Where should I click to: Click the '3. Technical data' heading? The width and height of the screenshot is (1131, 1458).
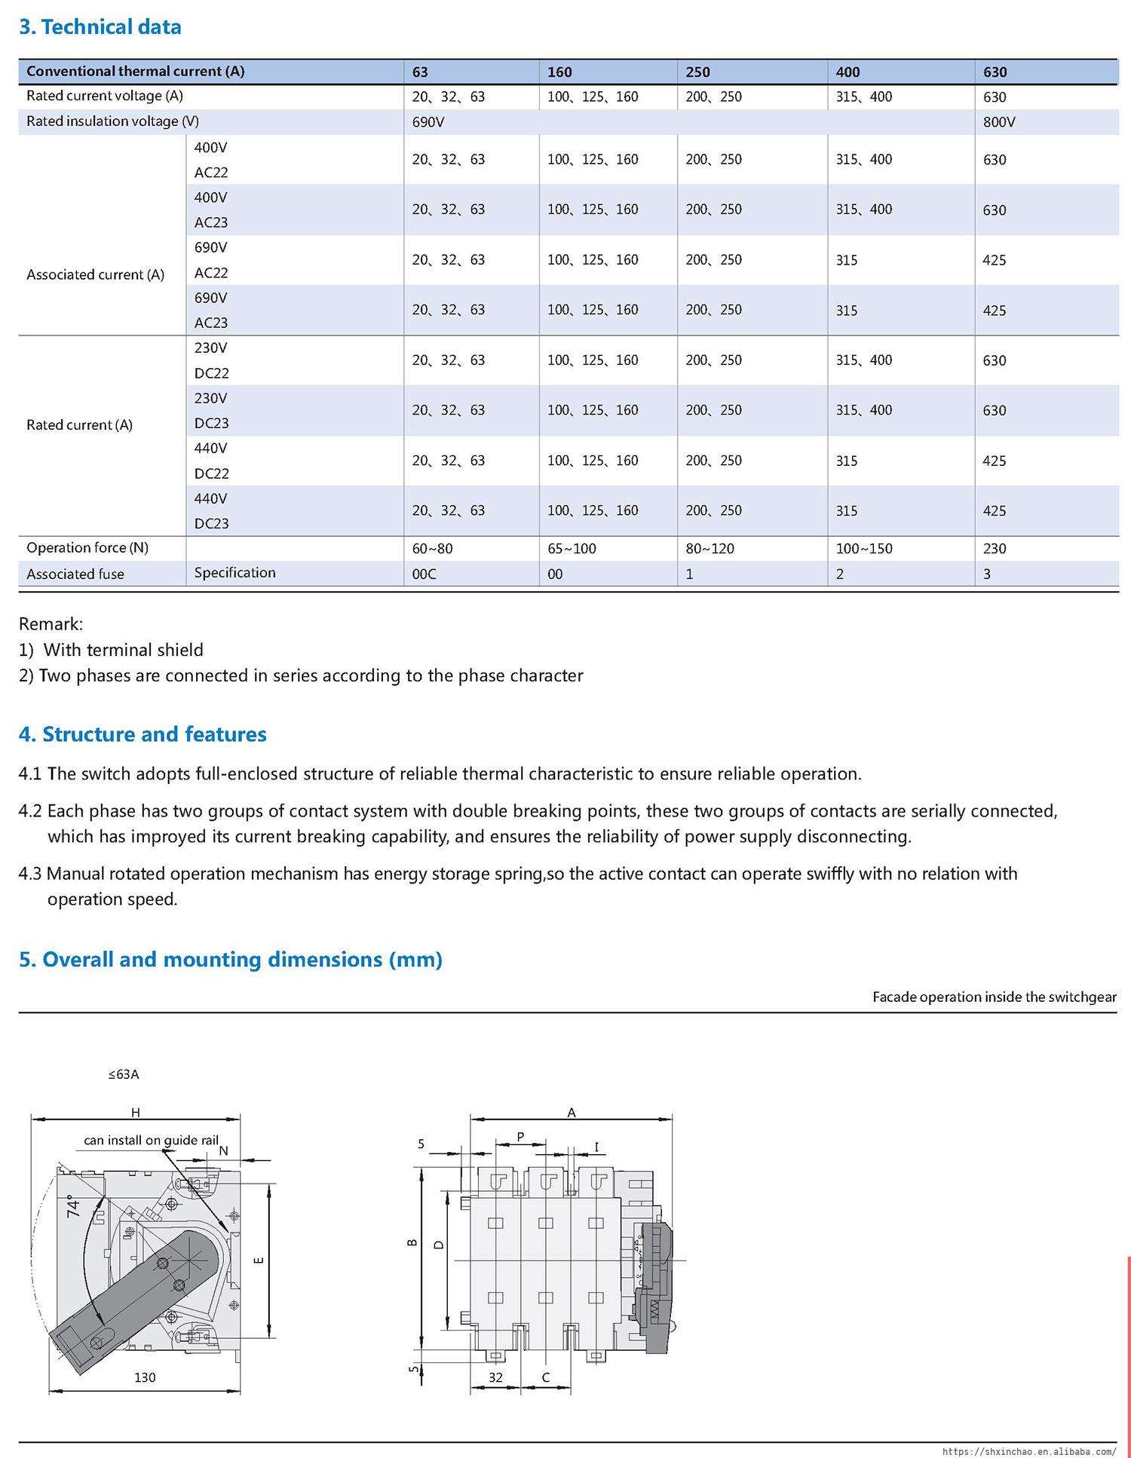tap(100, 27)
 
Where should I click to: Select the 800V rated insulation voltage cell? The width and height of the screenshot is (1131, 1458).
tap(999, 122)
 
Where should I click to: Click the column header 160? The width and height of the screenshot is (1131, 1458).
tap(559, 72)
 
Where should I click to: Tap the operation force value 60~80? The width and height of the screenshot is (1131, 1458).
tap(432, 549)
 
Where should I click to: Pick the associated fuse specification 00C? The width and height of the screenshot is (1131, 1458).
tap(424, 574)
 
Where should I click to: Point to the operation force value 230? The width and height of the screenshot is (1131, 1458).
tap(995, 549)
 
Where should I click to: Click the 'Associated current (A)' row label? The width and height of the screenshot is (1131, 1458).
tap(95, 274)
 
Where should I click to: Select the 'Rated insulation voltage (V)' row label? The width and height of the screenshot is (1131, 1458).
tap(112, 121)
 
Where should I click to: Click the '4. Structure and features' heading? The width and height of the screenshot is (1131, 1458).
tap(143, 734)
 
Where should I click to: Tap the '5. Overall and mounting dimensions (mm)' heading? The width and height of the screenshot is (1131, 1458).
tap(230, 960)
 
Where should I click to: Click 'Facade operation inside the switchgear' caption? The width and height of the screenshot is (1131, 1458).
tap(994, 997)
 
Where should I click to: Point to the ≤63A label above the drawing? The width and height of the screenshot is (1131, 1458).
tap(124, 1074)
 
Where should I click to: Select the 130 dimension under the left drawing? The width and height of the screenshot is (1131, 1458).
tap(145, 1377)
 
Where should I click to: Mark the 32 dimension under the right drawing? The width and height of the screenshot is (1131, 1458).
tap(495, 1377)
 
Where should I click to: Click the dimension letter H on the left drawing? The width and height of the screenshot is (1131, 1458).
tap(136, 1112)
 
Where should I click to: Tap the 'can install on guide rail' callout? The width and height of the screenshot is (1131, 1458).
tap(151, 1140)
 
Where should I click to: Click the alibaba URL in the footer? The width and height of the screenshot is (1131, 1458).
tap(1029, 1450)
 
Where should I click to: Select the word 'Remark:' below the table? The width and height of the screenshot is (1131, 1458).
tap(51, 624)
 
